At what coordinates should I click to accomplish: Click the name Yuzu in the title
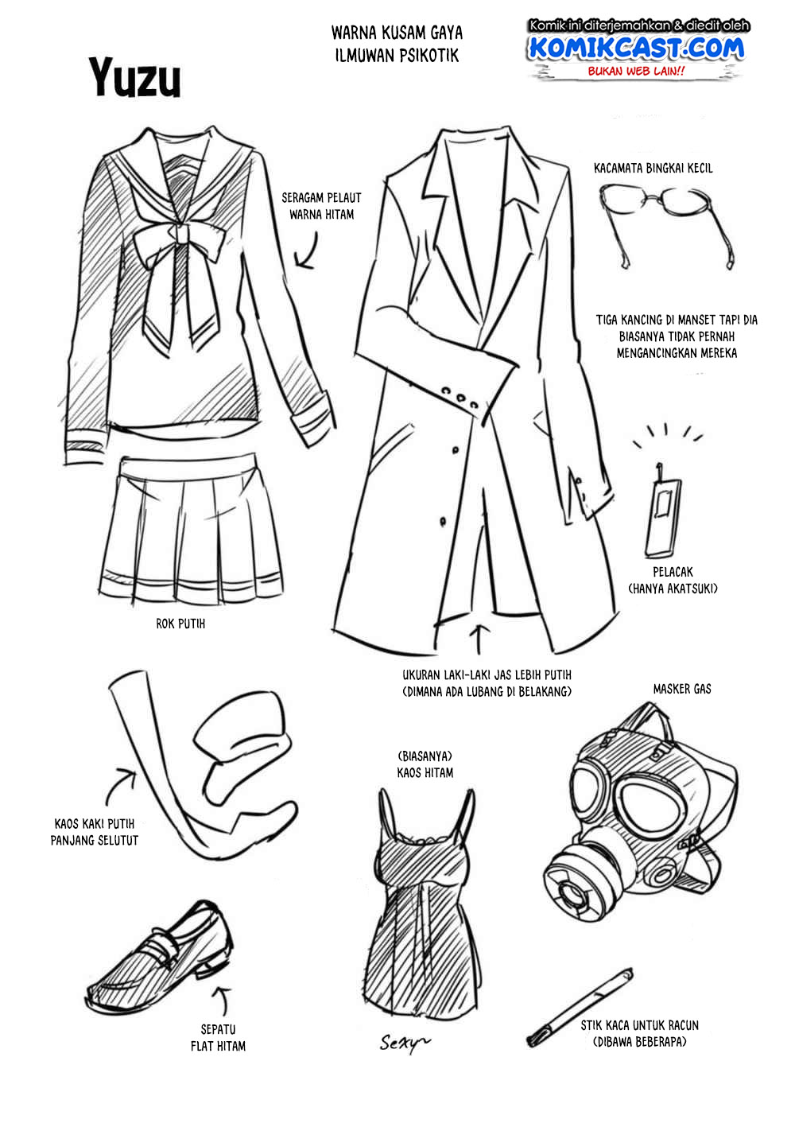[135, 77]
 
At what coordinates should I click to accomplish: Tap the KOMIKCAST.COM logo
[637, 48]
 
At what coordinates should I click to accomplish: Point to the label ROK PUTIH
[180, 624]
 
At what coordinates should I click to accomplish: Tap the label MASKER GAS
[682, 690]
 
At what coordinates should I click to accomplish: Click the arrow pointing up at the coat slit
[479, 639]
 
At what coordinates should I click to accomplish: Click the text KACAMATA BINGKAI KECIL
[653, 168]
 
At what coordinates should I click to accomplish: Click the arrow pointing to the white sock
[119, 784]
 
